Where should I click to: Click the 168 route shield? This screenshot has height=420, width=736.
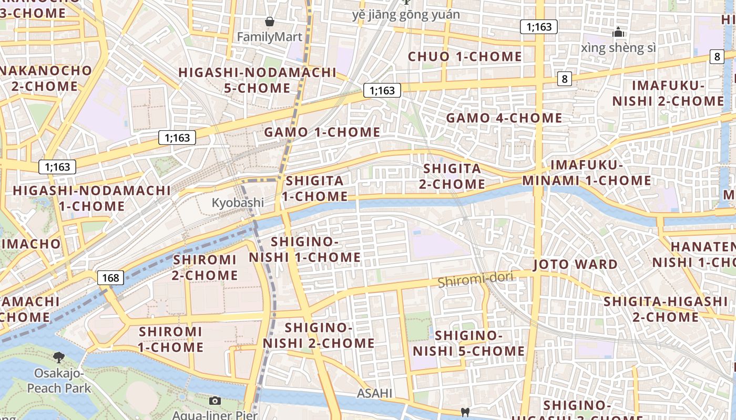click(x=110, y=277)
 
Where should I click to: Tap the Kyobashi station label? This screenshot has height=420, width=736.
click(x=238, y=203)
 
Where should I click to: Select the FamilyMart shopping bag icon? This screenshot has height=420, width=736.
click(x=270, y=22)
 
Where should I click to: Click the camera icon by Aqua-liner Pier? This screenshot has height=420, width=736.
click(x=214, y=401)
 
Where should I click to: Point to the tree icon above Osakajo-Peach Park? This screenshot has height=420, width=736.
click(x=59, y=358)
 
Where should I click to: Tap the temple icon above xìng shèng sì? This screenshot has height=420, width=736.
click(x=618, y=33)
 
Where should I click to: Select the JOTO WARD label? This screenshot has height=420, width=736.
click(x=576, y=264)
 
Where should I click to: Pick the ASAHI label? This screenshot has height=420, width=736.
click(x=375, y=393)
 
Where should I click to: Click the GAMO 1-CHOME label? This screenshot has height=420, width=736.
click(x=322, y=132)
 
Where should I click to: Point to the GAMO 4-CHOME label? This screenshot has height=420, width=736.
click(x=504, y=118)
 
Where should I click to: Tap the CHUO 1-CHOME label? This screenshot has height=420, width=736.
click(x=465, y=57)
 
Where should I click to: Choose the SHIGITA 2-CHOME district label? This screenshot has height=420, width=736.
click(x=452, y=176)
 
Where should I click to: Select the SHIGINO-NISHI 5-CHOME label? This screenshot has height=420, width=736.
click(x=468, y=343)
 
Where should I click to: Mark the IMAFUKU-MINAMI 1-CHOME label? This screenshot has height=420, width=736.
click(x=586, y=173)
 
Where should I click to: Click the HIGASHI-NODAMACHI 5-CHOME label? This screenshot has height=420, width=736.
click(x=257, y=80)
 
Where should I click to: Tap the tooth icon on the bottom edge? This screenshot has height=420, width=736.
click(x=464, y=412)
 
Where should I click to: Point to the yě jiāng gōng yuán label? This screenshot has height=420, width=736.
click(x=406, y=15)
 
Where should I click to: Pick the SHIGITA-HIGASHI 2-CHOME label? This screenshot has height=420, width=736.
click(x=665, y=309)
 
